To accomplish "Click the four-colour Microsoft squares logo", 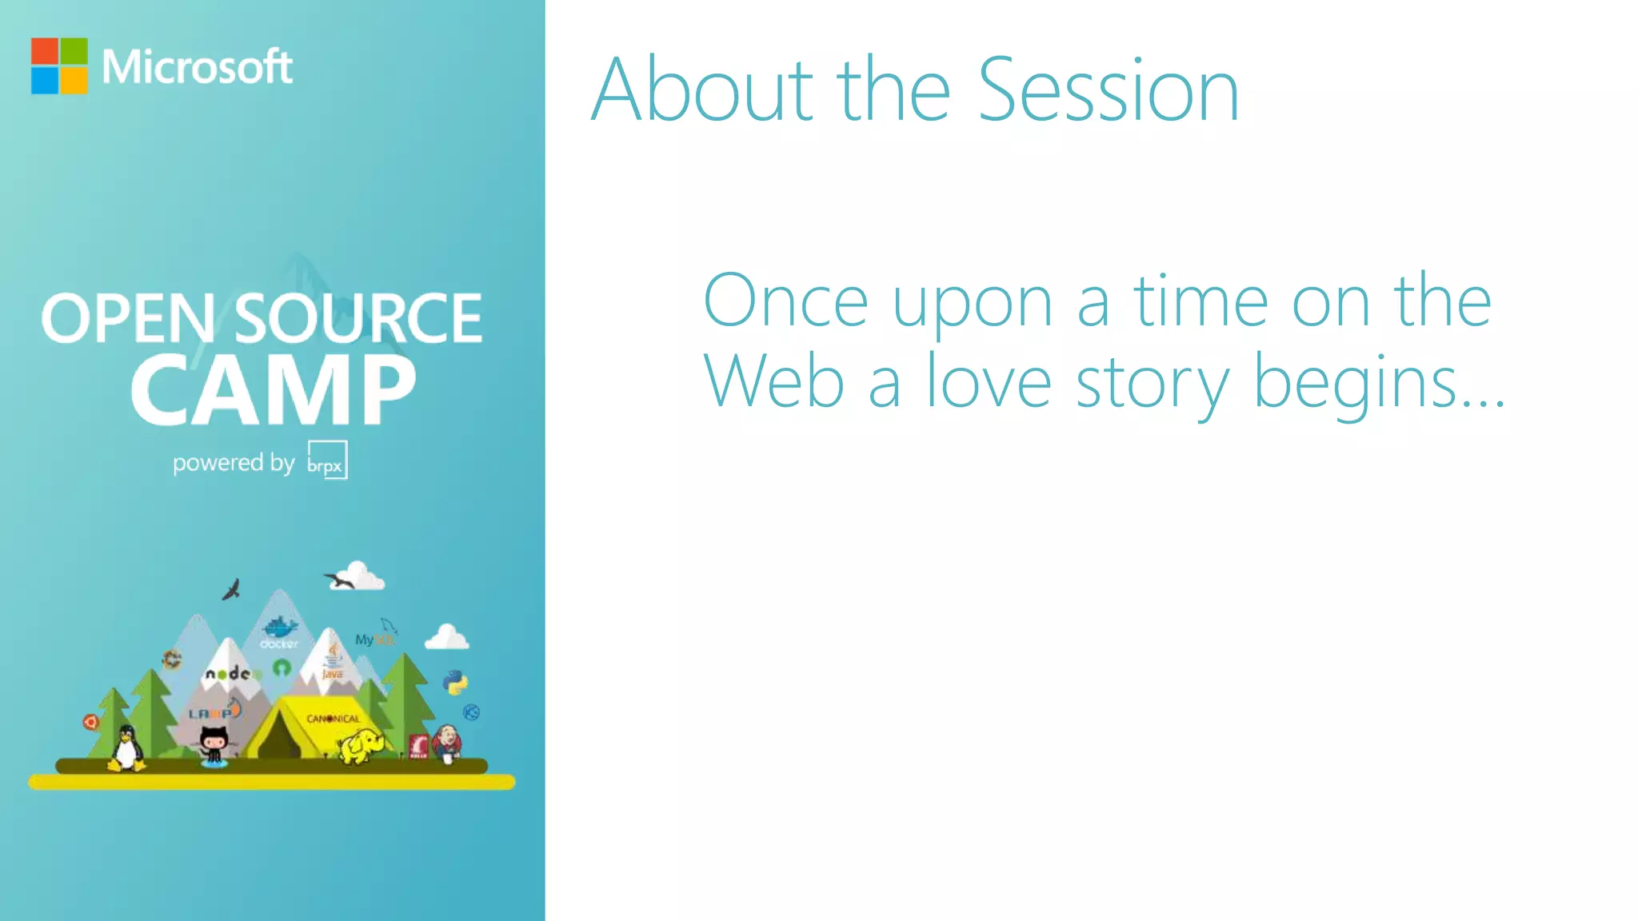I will pos(59,66).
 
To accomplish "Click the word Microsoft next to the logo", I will pos(197,66).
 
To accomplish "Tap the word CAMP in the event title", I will pos(274,391).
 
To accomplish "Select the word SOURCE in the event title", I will pos(358,318).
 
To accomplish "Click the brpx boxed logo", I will pos(327,460).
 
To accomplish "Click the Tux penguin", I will pos(126,749).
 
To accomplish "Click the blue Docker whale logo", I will pos(279,628).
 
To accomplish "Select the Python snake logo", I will pos(455,682).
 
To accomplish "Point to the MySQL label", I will pos(374,639).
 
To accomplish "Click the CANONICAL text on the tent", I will pos(333,719).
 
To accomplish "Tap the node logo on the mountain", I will pos(230,674).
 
